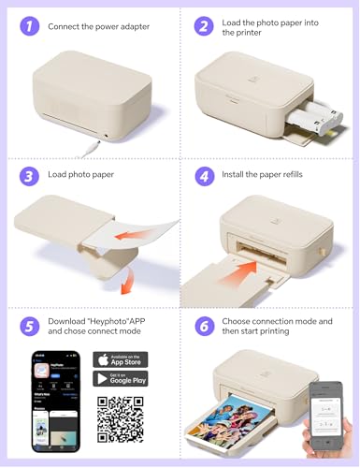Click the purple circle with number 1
pyautogui.click(x=29, y=27)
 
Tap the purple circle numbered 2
pyautogui.click(x=204, y=27)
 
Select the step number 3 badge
pyautogui.click(x=29, y=176)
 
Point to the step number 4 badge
pyautogui.click(x=204, y=176)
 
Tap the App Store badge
pyautogui.click(x=120, y=360)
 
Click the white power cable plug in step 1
pyautogui.click(x=89, y=145)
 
